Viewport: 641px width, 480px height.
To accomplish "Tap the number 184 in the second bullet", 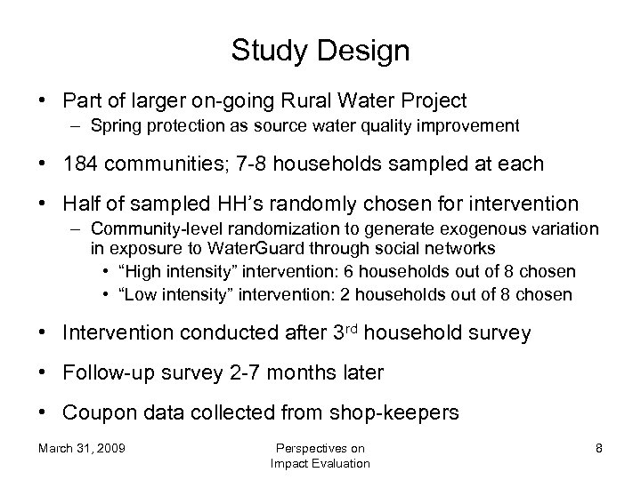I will point(80,165).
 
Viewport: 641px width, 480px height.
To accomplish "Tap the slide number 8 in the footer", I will point(599,448).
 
